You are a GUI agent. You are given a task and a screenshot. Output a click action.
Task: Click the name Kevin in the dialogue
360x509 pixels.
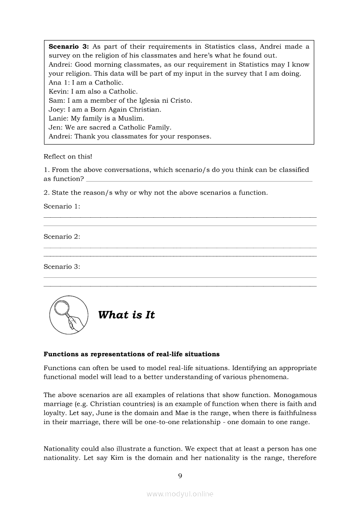click(x=58, y=91)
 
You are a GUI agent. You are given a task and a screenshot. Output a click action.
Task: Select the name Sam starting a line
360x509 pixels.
click(x=55, y=101)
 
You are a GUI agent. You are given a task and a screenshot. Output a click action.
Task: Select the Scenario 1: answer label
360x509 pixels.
click(x=62, y=206)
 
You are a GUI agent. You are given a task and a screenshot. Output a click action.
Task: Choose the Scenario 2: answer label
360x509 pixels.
click(x=62, y=237)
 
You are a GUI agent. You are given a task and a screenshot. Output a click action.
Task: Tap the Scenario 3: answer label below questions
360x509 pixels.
click(x=62, y=267)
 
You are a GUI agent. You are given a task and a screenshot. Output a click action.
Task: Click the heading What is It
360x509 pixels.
click(x=126, y=315)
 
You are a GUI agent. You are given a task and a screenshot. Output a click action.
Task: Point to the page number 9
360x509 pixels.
click(x=180, y=476)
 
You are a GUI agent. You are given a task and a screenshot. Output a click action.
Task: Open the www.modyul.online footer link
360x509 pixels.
click(x=180, y=494)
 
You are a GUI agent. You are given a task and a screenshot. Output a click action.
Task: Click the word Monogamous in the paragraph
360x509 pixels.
click(x=295, y=395)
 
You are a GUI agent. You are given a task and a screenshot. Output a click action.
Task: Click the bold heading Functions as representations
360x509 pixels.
click(x=132, y=354)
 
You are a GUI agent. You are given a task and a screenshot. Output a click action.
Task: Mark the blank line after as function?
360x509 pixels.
click(x=199, y=180)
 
